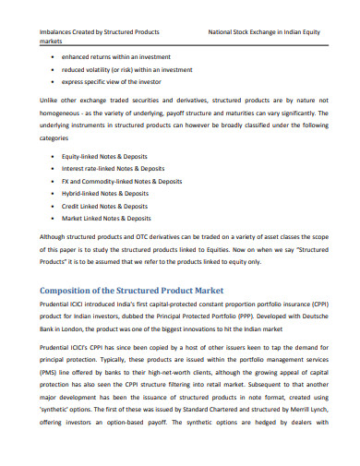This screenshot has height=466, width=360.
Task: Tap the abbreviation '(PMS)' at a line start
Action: [50, 389]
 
